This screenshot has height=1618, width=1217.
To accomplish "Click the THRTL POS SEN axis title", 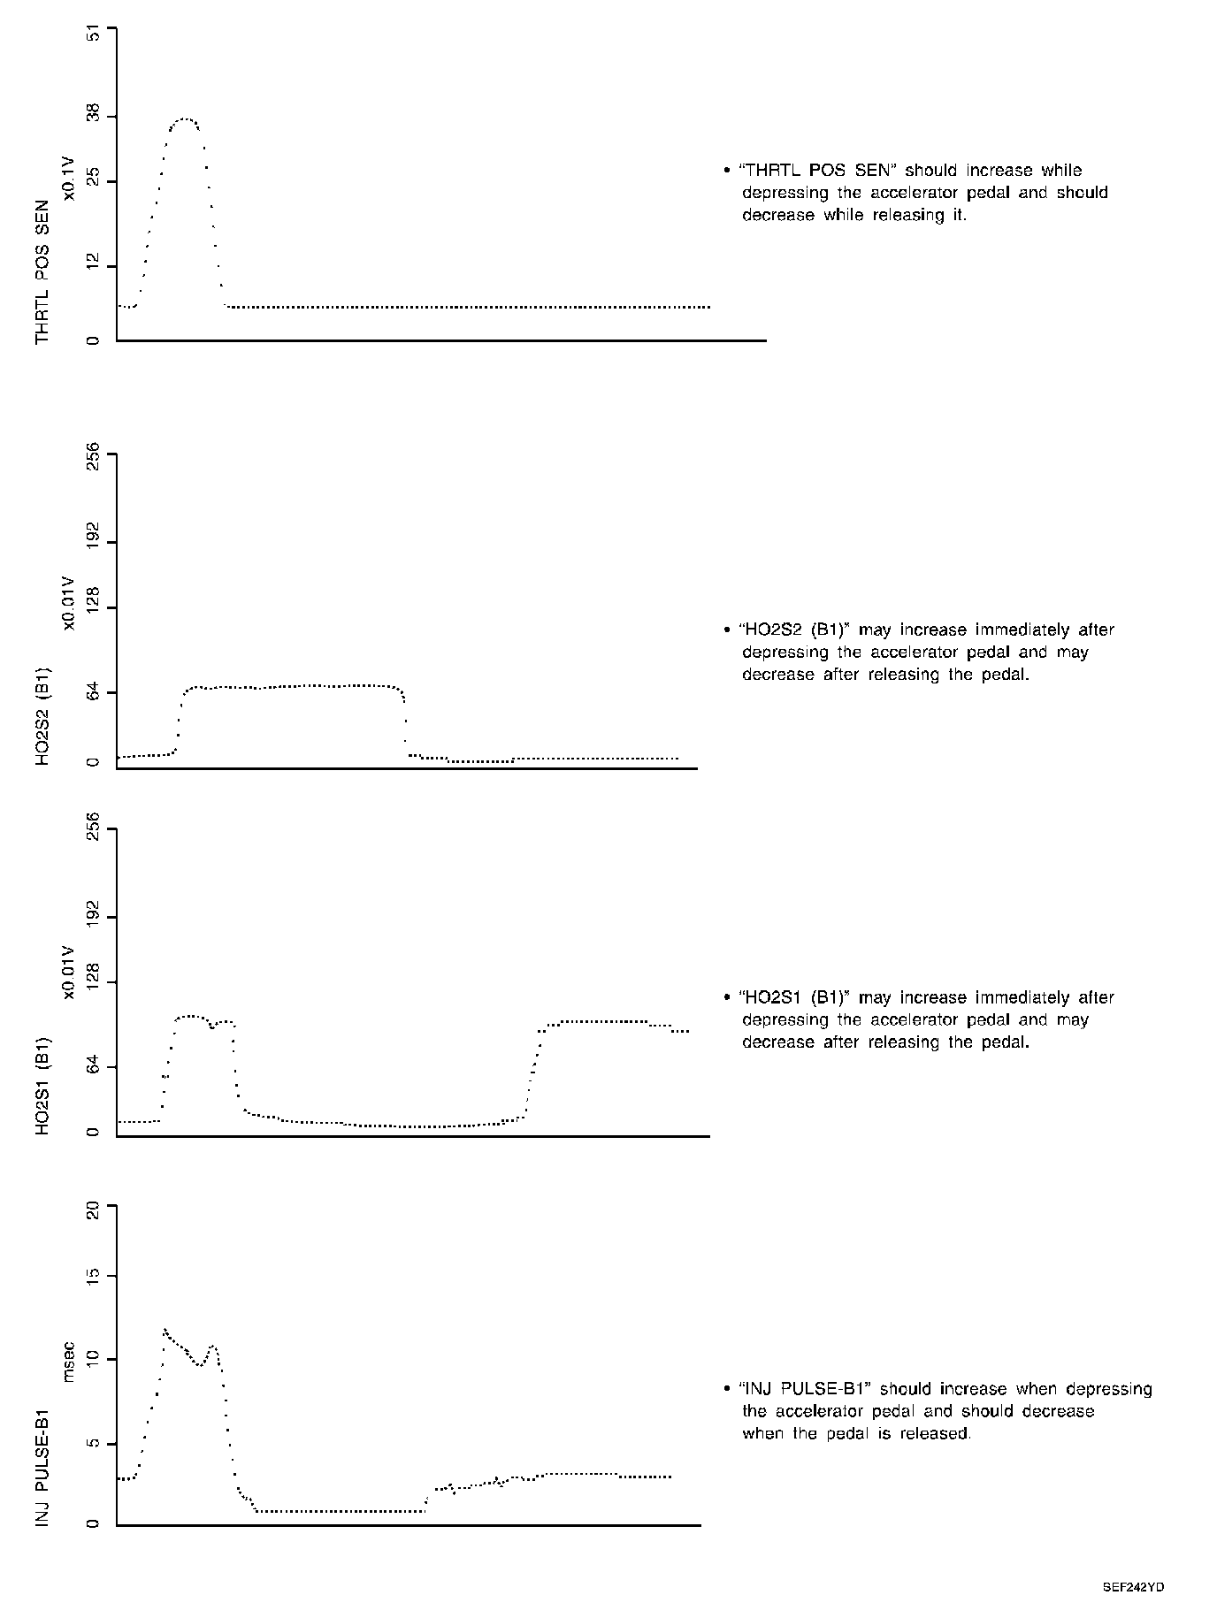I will click(42, 272).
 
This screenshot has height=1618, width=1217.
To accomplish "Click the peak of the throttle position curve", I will click(185, 118).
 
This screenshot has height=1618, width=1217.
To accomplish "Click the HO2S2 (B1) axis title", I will click(42, 715).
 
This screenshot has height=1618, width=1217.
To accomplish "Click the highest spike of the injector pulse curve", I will click(165, 1329).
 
